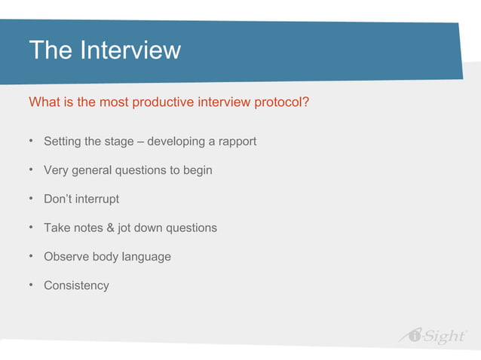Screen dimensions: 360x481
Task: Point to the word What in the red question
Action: [x=43, y=102]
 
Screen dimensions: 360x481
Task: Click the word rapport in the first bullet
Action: [x=236, y=142]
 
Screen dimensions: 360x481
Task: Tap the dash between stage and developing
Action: [x=141, y=142]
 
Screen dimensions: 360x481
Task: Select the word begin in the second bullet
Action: [x=196, y=170]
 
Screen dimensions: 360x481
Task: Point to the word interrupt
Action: [x=98, y=199]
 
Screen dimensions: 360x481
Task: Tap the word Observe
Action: [x=66, y=257]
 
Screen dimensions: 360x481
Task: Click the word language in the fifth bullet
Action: [x=146, y=257]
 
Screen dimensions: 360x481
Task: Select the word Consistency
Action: [x=76, y=285]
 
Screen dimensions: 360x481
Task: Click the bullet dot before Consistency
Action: [x=32, y=285]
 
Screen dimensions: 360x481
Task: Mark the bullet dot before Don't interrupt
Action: [x=32, y=199]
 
